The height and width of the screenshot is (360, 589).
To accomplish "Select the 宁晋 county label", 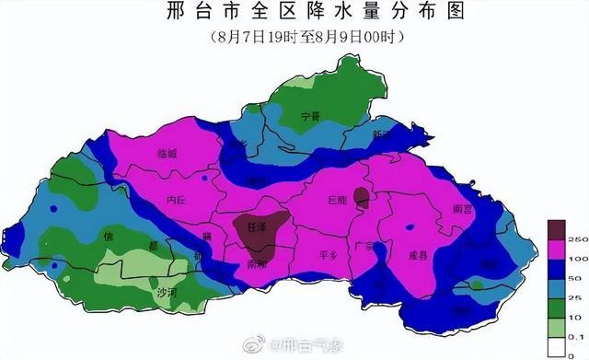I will click(311, 117).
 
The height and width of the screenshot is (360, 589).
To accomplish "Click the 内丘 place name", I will click(177, 198).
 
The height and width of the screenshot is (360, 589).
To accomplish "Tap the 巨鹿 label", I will click(338, 199).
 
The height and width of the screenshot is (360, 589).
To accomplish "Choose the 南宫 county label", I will click(463, 209).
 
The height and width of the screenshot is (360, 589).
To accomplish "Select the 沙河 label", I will click(166, 293).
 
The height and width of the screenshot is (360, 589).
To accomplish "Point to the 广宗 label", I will click(364, 247).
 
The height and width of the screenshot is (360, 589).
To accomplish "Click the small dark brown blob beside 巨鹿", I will click(362, 196).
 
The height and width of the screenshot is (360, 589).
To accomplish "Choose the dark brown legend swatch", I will click(555, 228).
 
